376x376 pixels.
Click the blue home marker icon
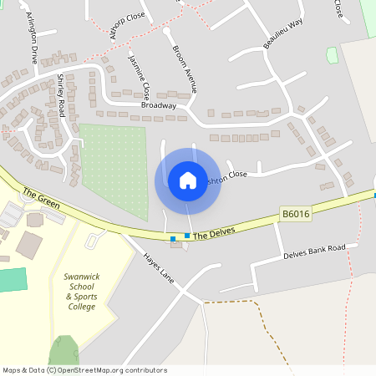point(188,180)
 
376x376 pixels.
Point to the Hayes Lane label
point(157,267)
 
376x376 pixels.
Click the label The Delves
point(216,231)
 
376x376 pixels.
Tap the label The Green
point(38,199)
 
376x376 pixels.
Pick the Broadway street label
point(159,106)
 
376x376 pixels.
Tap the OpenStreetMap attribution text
point(84,370)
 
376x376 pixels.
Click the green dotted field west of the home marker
point(113,166)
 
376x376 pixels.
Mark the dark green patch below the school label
point(64,351)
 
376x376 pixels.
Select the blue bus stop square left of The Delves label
point(173,239)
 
